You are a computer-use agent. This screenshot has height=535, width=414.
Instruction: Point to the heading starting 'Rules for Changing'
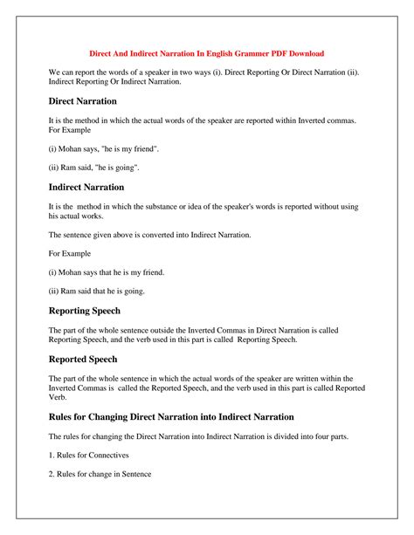(171, 416)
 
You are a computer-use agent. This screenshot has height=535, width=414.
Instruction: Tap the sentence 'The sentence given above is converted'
(150, 235)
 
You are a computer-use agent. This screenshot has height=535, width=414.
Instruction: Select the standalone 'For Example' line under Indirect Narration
(73, 253)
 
